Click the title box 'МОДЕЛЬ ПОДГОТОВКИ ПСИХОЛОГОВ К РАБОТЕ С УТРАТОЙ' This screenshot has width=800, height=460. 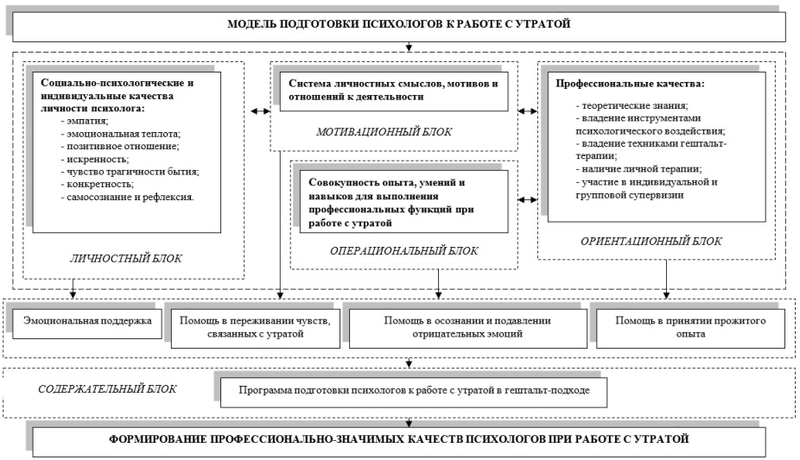[398, 27]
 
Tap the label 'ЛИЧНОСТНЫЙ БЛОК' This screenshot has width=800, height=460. [125, 258]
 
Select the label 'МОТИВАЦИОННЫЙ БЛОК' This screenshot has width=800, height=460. [384, 132]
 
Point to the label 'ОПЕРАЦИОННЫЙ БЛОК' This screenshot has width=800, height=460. [403, 250]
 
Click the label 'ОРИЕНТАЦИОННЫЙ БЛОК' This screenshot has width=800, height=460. [651, 241]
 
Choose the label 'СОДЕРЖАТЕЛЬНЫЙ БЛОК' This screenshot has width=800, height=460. [107, 389]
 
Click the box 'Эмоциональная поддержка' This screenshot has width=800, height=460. [87, 324]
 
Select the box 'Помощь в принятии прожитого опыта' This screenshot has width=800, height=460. [690, 329]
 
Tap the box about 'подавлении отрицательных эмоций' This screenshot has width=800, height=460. [467, 329]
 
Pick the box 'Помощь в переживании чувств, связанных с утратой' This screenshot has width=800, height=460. [255, 329]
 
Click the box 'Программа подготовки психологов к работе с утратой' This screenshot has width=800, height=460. [414, 392]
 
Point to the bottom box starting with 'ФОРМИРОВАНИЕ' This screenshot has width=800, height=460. [399, 442]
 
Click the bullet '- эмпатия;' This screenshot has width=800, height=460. [84, 121]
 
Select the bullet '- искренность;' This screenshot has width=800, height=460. [94, 159]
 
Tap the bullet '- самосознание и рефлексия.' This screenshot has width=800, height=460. [127, 197]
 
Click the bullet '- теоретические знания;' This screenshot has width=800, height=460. [632, 106]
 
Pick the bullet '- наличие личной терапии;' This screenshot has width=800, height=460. [638, 169]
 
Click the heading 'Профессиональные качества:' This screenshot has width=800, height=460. [630, 84]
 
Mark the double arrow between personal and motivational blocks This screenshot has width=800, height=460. [260, 111]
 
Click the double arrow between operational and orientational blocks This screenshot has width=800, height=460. [528, 200]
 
